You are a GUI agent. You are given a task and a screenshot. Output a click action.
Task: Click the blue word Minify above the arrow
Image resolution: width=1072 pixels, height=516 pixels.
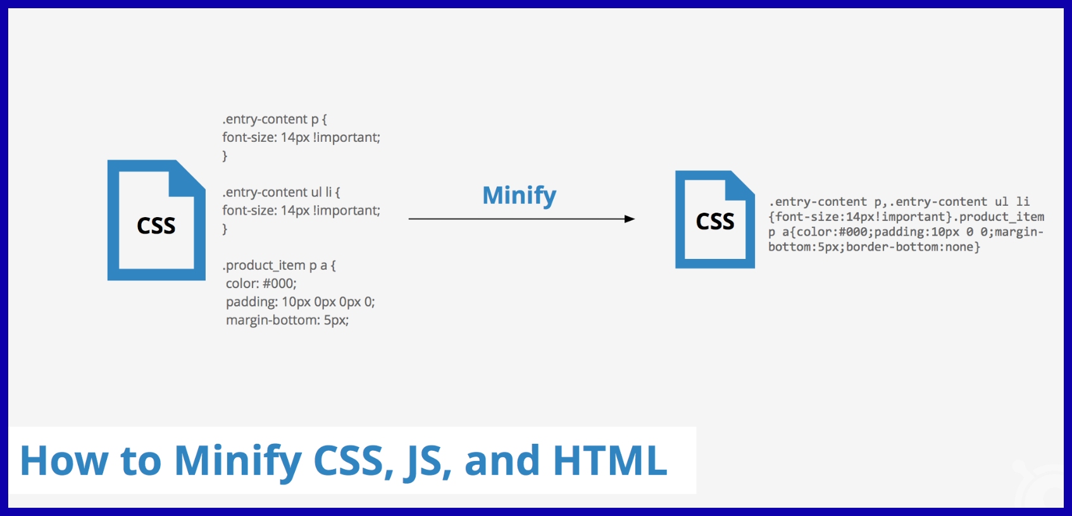(x=519, y=195)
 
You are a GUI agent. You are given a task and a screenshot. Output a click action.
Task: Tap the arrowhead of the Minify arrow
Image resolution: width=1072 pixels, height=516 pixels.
(x=629, y=219)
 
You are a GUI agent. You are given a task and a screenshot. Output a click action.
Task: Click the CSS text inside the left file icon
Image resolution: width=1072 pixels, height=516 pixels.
(x=156, y=226)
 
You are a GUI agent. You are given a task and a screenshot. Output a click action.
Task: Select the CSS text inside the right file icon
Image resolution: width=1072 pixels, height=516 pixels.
(x=715, y=222)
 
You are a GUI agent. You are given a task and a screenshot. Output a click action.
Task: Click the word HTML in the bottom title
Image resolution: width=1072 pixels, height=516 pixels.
(x=610, y=460)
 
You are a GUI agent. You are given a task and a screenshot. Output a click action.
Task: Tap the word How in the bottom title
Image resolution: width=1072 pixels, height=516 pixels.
(x=64, y=460)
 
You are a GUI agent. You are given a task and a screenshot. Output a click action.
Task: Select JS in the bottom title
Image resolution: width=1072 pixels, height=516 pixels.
(x=425, y=460)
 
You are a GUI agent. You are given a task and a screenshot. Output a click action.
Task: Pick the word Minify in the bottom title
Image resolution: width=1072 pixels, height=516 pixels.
(x=238, y=460)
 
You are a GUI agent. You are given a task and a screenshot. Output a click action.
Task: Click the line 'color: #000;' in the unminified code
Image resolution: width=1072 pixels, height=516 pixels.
(x=261, y=284)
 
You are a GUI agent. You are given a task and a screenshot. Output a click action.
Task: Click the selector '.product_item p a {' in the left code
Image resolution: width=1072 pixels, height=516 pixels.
(x=279, y=265)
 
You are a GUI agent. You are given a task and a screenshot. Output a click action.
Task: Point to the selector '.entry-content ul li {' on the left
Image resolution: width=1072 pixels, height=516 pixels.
(x=281, y=192)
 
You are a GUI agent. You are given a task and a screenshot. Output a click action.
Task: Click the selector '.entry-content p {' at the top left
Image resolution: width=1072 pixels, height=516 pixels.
(x=275, y=119)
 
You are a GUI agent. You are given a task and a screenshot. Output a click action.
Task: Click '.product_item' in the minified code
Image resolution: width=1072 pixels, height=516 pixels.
(x=1001, y=217)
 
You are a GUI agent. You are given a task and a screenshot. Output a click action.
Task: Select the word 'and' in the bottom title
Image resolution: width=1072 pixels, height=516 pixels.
(x=502, y=460)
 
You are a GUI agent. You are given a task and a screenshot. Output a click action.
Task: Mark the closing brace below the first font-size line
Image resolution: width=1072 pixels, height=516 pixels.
(x=225, y=156)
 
